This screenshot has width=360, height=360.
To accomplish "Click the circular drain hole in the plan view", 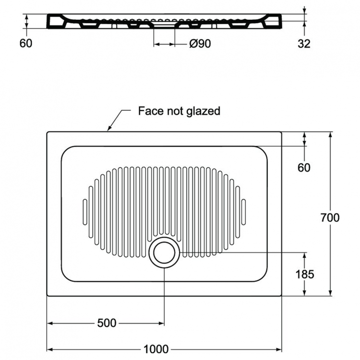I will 165,252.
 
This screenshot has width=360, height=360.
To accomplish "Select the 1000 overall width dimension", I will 156,349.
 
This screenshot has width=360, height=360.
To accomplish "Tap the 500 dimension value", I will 107,323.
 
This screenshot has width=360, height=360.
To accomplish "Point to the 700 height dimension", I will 330,217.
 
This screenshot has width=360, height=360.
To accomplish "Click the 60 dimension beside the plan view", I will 304,168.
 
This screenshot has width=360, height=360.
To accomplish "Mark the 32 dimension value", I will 304,44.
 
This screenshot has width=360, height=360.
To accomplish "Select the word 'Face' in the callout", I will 149,111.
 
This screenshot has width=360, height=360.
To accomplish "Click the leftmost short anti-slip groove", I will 85,212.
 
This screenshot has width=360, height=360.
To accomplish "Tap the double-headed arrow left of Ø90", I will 164,44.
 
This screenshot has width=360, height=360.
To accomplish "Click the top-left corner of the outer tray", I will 48,132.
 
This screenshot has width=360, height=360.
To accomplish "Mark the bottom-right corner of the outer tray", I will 281,295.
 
